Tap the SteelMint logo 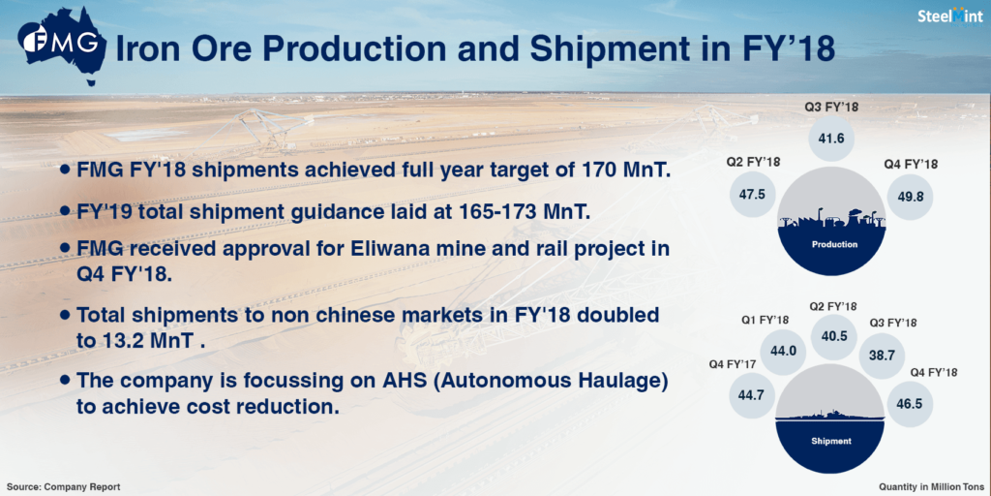950,17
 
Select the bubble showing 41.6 832,139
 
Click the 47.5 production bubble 752,194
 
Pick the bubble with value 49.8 910,196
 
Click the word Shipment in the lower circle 831,441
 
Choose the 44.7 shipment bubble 751,394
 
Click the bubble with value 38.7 882,356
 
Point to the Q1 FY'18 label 765,320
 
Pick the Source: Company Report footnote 63,487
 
